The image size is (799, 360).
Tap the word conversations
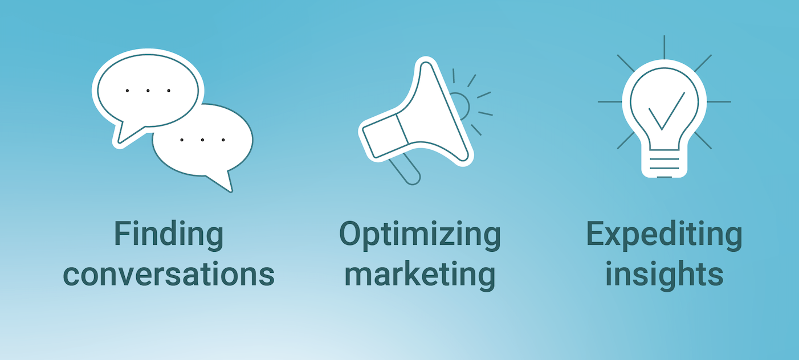click(169, 275)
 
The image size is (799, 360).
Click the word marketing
click(420, 275)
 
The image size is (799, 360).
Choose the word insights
click(664, 274)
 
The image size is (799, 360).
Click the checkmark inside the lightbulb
click(666, 111)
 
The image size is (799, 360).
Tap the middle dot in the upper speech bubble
click(148, 91)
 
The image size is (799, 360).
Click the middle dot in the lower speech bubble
click(202, 140)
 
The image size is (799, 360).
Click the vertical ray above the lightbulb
click(664, 47)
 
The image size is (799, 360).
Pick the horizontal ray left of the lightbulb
click(610, 101)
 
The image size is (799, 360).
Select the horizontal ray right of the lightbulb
click(719, 101)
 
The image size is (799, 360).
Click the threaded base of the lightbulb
click(664, 164)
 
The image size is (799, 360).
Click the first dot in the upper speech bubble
click(127, 91)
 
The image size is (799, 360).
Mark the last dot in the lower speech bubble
click(223, 140)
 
